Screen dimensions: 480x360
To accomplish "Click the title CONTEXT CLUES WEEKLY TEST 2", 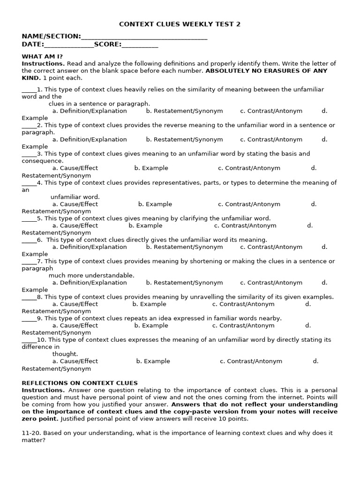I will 180,24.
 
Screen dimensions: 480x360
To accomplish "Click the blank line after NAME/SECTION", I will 144,37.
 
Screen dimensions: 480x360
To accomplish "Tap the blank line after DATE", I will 69,45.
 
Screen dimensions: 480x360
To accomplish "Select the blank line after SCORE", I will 140,45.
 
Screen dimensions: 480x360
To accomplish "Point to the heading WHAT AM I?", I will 42,56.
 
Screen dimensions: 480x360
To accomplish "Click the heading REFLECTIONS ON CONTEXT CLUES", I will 80,383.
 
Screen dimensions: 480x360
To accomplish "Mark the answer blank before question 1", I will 29,90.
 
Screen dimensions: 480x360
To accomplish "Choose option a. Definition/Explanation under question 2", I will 90,139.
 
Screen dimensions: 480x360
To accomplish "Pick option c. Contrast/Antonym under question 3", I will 249,168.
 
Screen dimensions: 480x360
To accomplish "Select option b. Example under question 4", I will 155,204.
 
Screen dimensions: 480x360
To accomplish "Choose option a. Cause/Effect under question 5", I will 75,225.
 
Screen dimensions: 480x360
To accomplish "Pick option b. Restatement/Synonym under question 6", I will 184,247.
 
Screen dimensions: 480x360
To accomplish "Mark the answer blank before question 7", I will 29,261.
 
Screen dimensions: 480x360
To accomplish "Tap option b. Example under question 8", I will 149,304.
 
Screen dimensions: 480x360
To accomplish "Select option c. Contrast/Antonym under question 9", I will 243,325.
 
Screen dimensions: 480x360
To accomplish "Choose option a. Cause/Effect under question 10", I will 75,361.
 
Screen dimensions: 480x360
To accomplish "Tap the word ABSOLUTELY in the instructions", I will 227,71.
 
